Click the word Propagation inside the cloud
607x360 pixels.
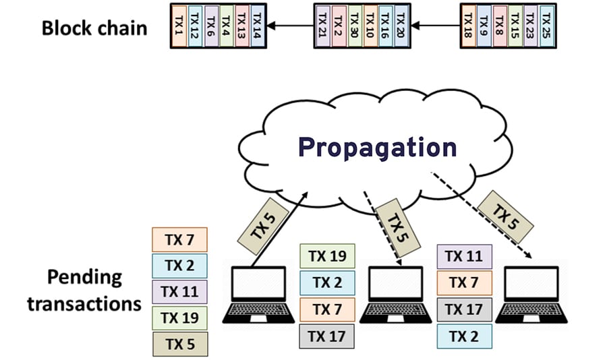coord(377,147)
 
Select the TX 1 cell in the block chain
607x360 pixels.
coord(178,26)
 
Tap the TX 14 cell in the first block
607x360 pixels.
coord(257,26)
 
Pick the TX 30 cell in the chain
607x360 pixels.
coord(353,26)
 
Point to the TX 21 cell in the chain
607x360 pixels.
coord(322,26)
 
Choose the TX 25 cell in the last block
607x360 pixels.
coord(546,26)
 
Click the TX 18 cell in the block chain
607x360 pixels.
coord(469,26)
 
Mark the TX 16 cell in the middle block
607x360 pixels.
coord(385,26)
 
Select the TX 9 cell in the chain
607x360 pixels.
coord(484,26)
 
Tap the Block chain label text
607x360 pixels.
coord(94,28)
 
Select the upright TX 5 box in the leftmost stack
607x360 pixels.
coord(180,344)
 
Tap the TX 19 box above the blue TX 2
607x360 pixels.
coord(327,256)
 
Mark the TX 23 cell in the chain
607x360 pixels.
coord(531,26)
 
